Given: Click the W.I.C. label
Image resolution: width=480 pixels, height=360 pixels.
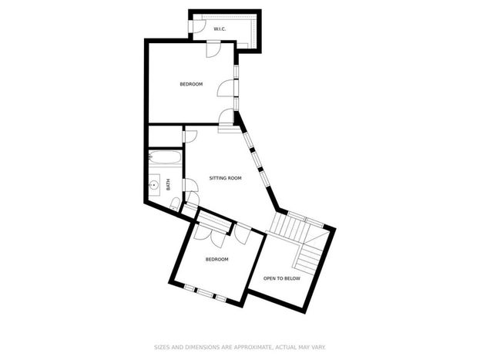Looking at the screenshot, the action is (x=220, y=29).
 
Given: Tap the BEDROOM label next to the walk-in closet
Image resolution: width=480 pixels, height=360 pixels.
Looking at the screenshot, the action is (x=191, y=84).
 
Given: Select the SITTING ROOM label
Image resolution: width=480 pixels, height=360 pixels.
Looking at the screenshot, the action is (x=225, y=178).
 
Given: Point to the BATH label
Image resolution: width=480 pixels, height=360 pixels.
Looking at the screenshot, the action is (x=168, y=185).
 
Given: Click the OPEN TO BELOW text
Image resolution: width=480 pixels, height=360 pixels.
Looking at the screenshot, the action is (x=282, y=278).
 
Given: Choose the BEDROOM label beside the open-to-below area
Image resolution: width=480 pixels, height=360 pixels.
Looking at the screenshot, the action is (x=217, y=259).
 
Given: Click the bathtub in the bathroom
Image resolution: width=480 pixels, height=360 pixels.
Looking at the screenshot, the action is (x=166, y=158).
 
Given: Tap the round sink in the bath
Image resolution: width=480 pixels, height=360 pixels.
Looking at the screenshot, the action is (x=153, y=185).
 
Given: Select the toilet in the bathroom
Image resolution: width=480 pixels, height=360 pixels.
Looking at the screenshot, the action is (x=175, y=204).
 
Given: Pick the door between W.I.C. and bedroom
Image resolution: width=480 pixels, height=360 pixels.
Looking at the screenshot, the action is (x=213, y=49).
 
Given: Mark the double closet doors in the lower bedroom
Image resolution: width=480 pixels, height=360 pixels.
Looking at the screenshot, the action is (x=210, y=236).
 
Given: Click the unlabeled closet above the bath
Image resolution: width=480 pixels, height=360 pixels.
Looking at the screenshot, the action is (x=166, y=136).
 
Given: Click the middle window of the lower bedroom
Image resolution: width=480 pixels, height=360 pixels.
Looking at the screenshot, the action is (x=204, y=293).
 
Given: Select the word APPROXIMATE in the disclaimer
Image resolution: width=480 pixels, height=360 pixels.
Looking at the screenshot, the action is (x=253, y=347).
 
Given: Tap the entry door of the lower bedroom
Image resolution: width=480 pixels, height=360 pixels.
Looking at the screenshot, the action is (x=243, y=234).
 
